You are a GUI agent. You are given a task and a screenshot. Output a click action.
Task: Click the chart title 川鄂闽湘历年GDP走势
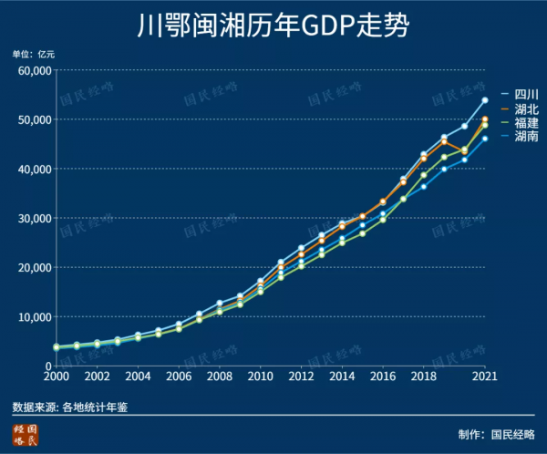point(273,25)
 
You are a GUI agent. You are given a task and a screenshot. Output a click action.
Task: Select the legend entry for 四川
point(526,95)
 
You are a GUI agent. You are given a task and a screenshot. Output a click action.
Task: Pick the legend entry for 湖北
point(526,108)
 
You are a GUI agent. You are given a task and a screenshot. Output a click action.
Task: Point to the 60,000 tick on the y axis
point(34,71)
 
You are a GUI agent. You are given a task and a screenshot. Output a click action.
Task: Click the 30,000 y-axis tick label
point(34,219)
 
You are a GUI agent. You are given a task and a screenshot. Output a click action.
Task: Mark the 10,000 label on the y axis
point(34,317)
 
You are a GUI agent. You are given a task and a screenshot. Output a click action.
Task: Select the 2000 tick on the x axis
point(56,376)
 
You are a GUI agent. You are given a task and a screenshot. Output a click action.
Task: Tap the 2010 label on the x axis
point(260,376)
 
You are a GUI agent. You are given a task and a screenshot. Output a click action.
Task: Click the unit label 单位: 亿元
point(34,54)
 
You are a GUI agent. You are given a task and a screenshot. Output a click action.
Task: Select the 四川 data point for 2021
point(485,100)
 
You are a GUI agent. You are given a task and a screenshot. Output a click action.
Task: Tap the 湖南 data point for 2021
point(485,139)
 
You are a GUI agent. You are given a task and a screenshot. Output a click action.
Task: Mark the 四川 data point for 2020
point(464,126)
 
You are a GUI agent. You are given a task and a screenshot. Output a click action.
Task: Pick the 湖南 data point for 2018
point(423,186)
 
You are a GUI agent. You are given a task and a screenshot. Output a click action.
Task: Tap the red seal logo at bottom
point(26,435)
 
